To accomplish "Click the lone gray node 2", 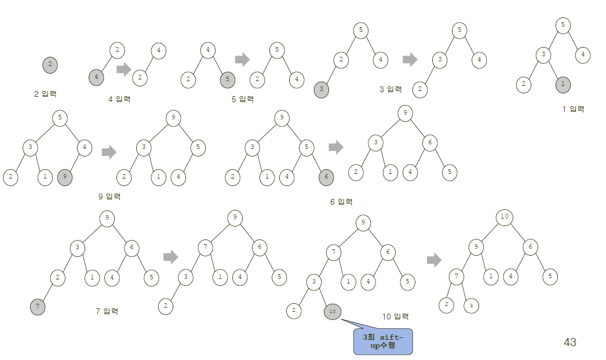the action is (x=50, y=64).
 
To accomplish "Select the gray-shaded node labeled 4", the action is (x=97, y=76).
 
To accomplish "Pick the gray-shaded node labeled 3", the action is (x=322, y=89).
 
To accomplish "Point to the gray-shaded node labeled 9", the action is (x=65, y=177).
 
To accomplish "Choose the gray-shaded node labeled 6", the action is (x=326, y=177).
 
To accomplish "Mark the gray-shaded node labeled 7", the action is (x=38, y=304).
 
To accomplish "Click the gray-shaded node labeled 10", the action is (x=332, y=311).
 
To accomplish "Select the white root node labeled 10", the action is (x=504, y=217).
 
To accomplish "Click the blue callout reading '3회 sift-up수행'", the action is (x=382, y=341).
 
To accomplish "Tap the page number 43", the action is (x=570, y=343).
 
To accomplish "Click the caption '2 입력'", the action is (x=45, y=93).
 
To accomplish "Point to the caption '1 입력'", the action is (x=573, y=108).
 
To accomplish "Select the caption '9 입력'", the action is (x=109, y=197).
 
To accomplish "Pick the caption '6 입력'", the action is (x=341, y=201).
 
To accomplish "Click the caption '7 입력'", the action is (x=107, y=311).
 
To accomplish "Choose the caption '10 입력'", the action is (x=395, y=317).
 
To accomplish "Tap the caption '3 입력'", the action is (x=390, y=89).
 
